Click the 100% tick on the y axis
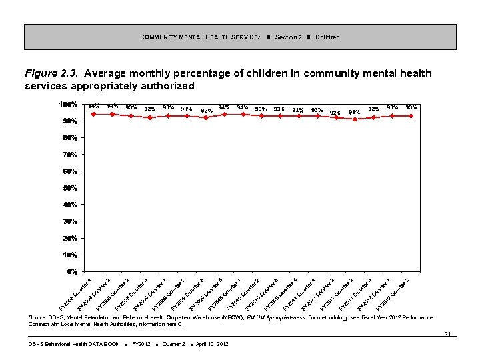[69, 105]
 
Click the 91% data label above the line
[355, 112]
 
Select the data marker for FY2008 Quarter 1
[93, 114]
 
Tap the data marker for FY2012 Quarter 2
[411, 116]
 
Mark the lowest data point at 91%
[355, 119]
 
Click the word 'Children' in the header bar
[327, 37]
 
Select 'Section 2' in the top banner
[288, 37]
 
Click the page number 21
[447, 334]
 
